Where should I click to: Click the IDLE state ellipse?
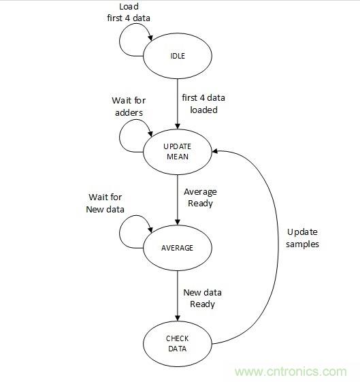click(x=178, y=55)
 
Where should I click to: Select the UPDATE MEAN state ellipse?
click(x=178, y=151)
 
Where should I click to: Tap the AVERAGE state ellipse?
click(x=178, y=246)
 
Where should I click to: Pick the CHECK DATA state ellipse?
click(x=178, y=344)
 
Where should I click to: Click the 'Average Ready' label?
click(x=201, y=197)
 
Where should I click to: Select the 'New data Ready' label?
click(x=202, y=298)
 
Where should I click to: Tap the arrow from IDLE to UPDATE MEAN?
click(x=178, y=102)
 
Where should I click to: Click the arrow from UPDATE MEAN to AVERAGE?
click(x=178, y=199)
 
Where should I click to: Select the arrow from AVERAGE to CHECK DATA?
click(x=178, y=294)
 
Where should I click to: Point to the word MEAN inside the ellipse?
click(x=178, y=156)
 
